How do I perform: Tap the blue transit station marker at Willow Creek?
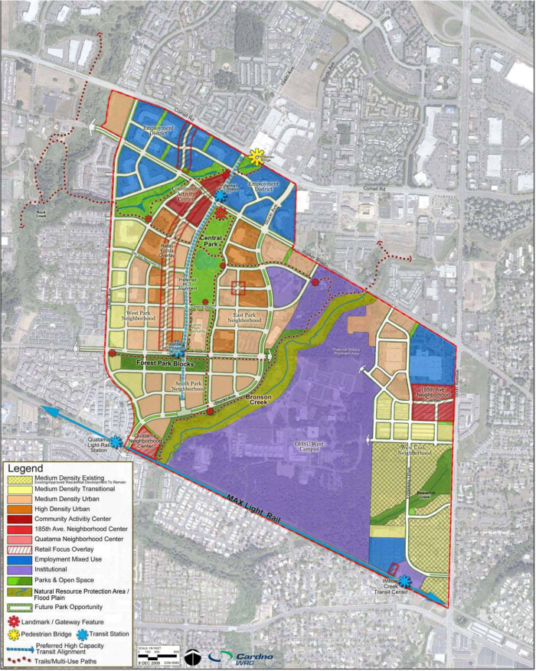tap(404, 582)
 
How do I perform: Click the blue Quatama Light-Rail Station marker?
tap(116, 441)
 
